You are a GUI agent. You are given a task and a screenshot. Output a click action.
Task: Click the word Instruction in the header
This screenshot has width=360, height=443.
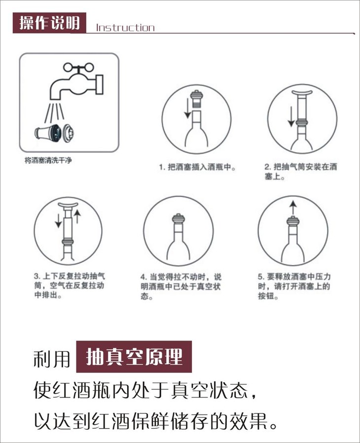coord(125,28)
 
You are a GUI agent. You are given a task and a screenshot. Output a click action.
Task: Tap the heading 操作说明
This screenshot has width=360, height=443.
coord(49,23)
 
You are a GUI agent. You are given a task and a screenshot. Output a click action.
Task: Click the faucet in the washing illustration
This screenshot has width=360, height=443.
coord(77,82)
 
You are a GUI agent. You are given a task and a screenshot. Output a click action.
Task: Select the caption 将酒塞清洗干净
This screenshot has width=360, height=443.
coord(48,161)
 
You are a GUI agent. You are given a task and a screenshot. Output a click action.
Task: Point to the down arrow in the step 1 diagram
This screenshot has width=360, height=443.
coord(187,108)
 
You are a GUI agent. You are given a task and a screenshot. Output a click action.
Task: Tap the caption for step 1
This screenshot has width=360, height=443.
coord(197,167)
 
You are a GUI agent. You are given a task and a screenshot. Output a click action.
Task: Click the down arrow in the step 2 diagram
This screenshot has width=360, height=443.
coord(291,117)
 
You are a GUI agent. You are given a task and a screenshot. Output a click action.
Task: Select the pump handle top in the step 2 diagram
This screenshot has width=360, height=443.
coord(302,93)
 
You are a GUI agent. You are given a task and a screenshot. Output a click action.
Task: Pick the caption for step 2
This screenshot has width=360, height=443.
coord(301,171)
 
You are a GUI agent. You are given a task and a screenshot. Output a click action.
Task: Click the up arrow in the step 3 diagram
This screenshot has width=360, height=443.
coord(77,216)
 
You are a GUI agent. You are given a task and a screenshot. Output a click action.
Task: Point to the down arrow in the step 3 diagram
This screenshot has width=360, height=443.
coord(58,221)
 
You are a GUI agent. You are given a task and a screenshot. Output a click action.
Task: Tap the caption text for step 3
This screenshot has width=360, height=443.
coord(69,285)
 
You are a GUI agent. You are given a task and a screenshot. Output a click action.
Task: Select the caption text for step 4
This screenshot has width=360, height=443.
coord(181,286)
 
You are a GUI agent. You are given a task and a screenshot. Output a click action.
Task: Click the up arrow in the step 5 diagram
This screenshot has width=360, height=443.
coord(293,207)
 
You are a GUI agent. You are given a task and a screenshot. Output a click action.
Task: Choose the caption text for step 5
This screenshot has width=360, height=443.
coord(294,286)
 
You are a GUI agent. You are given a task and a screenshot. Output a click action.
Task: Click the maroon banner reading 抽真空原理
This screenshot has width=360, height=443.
coord(134,357)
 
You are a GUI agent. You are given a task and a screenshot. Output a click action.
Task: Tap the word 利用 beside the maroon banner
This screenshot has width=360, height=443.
coord(52,359)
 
